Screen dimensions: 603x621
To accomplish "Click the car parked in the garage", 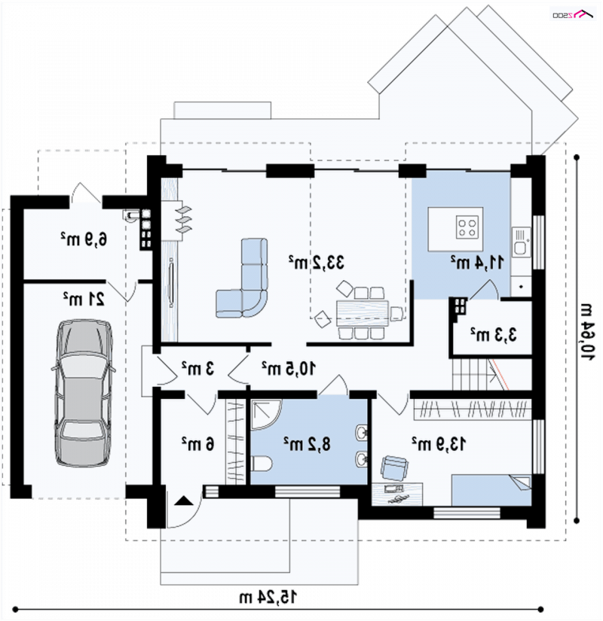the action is click(84, 392).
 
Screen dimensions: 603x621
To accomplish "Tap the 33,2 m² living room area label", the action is click(316, 262).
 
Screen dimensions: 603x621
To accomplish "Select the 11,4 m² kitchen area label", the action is click(477, 262).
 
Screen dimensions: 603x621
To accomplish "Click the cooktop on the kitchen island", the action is click(467, 227).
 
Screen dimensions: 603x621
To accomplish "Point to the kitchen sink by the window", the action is click(521, 242).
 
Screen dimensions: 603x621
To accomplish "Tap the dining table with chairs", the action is click(362, 313).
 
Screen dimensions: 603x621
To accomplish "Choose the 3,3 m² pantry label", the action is click(494, 335).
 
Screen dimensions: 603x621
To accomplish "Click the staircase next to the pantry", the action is click(491, 374).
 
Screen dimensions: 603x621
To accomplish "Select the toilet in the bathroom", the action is click(261, 464).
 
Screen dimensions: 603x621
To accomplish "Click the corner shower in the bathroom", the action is click(266, 415).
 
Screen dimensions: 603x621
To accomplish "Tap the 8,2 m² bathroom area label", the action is click(307, 444).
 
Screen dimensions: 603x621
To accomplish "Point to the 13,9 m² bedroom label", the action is click(439, 444).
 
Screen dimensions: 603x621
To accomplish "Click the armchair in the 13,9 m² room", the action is click(394, 467).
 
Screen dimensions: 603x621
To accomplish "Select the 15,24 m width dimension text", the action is click(268, 596).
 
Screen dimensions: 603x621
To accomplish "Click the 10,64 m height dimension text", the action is click(586, 332).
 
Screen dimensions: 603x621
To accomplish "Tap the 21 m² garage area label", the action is click(84, 299).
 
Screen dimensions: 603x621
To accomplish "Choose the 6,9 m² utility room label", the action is click(84, 239).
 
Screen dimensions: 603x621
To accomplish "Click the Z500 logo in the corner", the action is click(573, 14).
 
